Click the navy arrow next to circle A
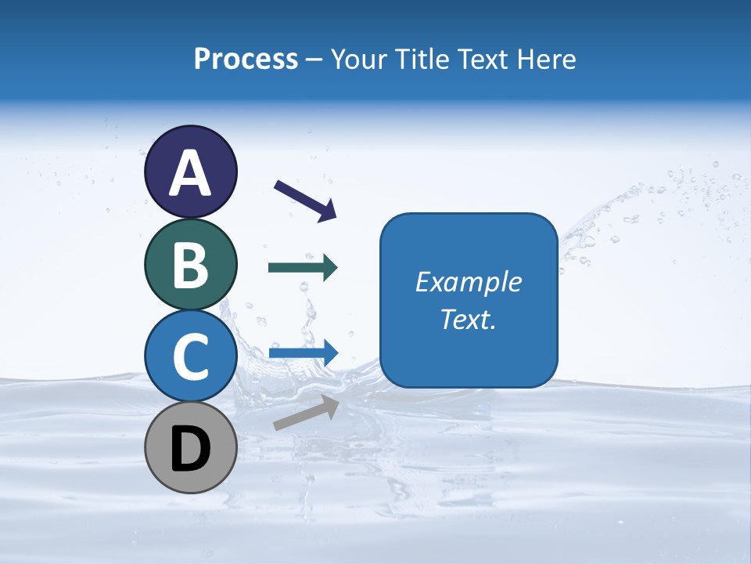(304, 200)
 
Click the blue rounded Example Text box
(469, 235)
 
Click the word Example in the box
(469, 282)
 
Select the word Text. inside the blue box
(469, 319)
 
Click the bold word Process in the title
(246, 59)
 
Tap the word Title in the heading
(423, 59)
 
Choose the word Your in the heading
(359, 59)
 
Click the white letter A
(190, 173)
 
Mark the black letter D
(190, 449)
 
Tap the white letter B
(190, 265)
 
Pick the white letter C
(190, 357)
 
